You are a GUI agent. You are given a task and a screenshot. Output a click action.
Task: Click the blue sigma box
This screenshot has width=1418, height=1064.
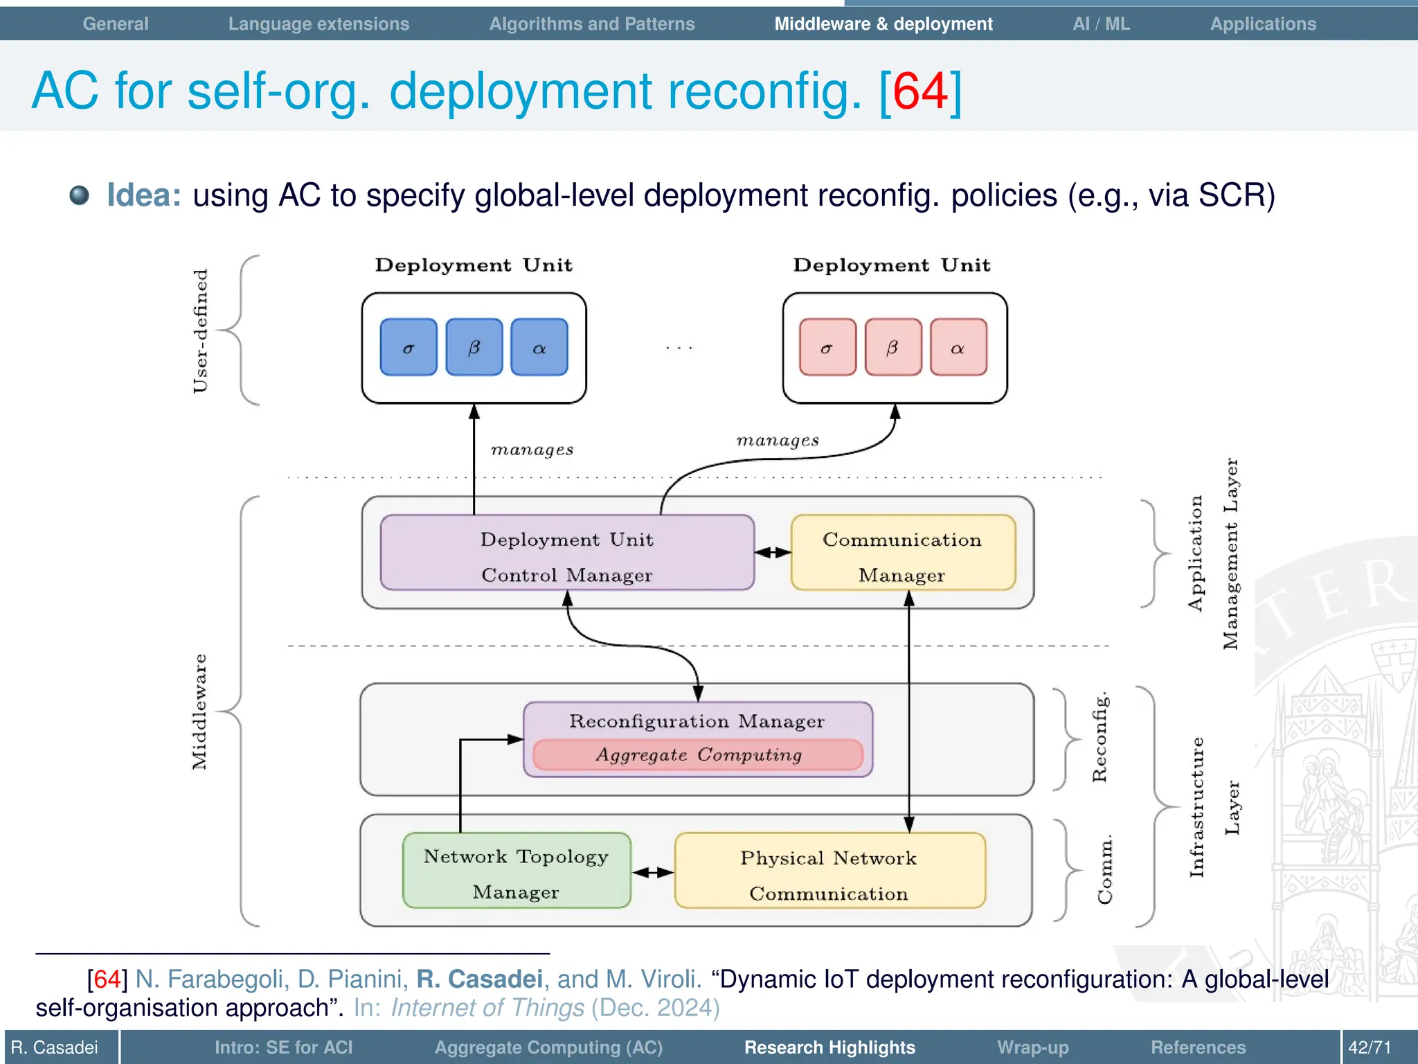pyautogui.click(x=409, y=347)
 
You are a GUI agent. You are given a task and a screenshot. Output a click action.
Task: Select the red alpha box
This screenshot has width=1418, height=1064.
pyautogui.click(x=958, y=347)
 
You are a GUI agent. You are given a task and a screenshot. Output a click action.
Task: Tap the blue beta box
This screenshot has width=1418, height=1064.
pyautogui.click(x=474, y=347)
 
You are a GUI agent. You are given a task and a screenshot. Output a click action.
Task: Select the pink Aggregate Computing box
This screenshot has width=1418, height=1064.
pyautogui.click(x=698, y=755)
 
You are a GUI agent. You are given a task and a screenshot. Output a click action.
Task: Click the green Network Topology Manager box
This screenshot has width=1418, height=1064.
pyautogui.click(x=516, y=871)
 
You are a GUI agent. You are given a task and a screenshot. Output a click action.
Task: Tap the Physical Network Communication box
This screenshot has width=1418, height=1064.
pyautogui.click(x=829, y=871)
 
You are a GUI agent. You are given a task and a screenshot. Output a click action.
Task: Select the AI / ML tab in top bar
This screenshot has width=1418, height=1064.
pyautogui.click(x=1101, y=24)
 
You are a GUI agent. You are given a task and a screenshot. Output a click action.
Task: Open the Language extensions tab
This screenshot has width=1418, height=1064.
pyautogui.click(x=318, y=24)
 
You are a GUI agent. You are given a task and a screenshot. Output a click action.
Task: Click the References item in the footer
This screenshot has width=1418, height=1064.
pyautogui.click(x=1198, y=1047)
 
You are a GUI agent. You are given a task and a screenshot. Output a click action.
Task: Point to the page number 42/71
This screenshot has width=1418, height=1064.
pyautogui.click(x=1369, y=1047)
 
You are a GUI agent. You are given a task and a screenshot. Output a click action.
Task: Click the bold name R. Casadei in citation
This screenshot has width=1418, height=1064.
pyautogui.click(x=479, y=979)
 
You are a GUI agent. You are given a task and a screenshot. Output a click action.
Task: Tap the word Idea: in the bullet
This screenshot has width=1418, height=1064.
pyautogui.click(x=144, y=195)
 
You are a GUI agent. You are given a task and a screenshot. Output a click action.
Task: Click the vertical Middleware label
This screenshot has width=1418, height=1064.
pyautogui.click(x=199, y=711)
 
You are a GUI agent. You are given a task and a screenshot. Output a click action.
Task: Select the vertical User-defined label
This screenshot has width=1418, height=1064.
pyautogui.click(x=199, y=331)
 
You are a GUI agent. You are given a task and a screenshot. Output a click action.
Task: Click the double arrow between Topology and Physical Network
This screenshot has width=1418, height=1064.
pyautogui.click(x=653, y=872)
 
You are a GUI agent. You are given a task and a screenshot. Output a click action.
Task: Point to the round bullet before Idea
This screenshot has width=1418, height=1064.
pyautogui.click(x=80, y=195)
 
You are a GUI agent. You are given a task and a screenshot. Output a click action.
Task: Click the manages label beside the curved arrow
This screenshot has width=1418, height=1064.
pyautogui.click(x=778, y=441)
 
